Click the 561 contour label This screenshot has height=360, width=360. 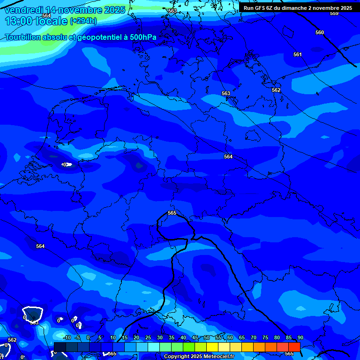pyautogui.click(x=298, y=55)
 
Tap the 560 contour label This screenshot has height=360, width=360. pyautogui.click(x=320, y=33)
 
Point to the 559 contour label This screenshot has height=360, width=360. pyautogui.click(x=334, y=14)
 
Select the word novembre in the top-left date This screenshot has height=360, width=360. pyautogui.click(x=79, y=10)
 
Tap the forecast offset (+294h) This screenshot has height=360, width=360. pyautogui.click(x=83, y=21)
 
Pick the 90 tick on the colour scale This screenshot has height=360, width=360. pyautogui.click(x=300, y=338)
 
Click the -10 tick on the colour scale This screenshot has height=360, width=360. pyautogui.click(x=67, y=338)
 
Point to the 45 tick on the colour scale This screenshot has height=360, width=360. pyautogui.click(x=195, y=338)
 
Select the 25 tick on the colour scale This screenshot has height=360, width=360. pyautogui.click(x=148, y=338)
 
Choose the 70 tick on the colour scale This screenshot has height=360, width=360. pyautogui.click(x=253, y=338)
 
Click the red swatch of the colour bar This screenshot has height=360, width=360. pyautogui.click(x=294, y=347)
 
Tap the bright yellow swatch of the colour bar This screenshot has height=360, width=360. pyautogui.click(x=212, y=347)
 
